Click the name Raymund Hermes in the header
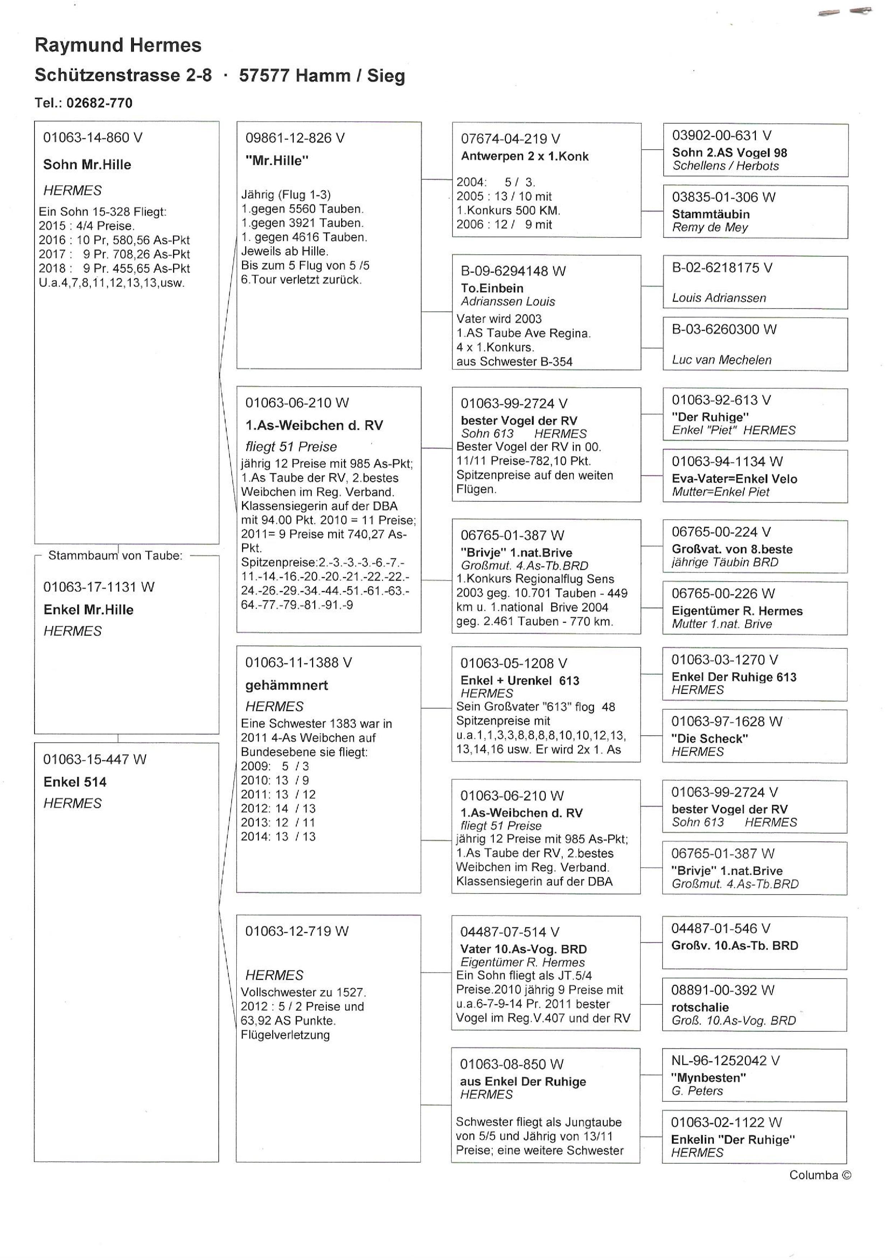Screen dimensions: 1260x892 click(118, 45)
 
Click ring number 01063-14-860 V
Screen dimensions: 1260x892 click(92, 138)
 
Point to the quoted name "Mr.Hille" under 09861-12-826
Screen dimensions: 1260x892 click(277, 161)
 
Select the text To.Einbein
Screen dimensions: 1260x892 click(492, 288)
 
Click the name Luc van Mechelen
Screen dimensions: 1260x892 click(721, 360)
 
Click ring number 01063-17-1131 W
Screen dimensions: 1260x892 click(99, 587)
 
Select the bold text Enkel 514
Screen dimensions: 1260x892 click(75, 782)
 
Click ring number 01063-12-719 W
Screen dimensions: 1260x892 click(297, 931)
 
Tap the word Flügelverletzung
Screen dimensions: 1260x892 click(285, 1035)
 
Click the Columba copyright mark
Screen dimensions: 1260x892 click(819, 1175)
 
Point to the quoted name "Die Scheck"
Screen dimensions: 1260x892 click(710, 739)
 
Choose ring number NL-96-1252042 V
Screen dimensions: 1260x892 click(725, 1061)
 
